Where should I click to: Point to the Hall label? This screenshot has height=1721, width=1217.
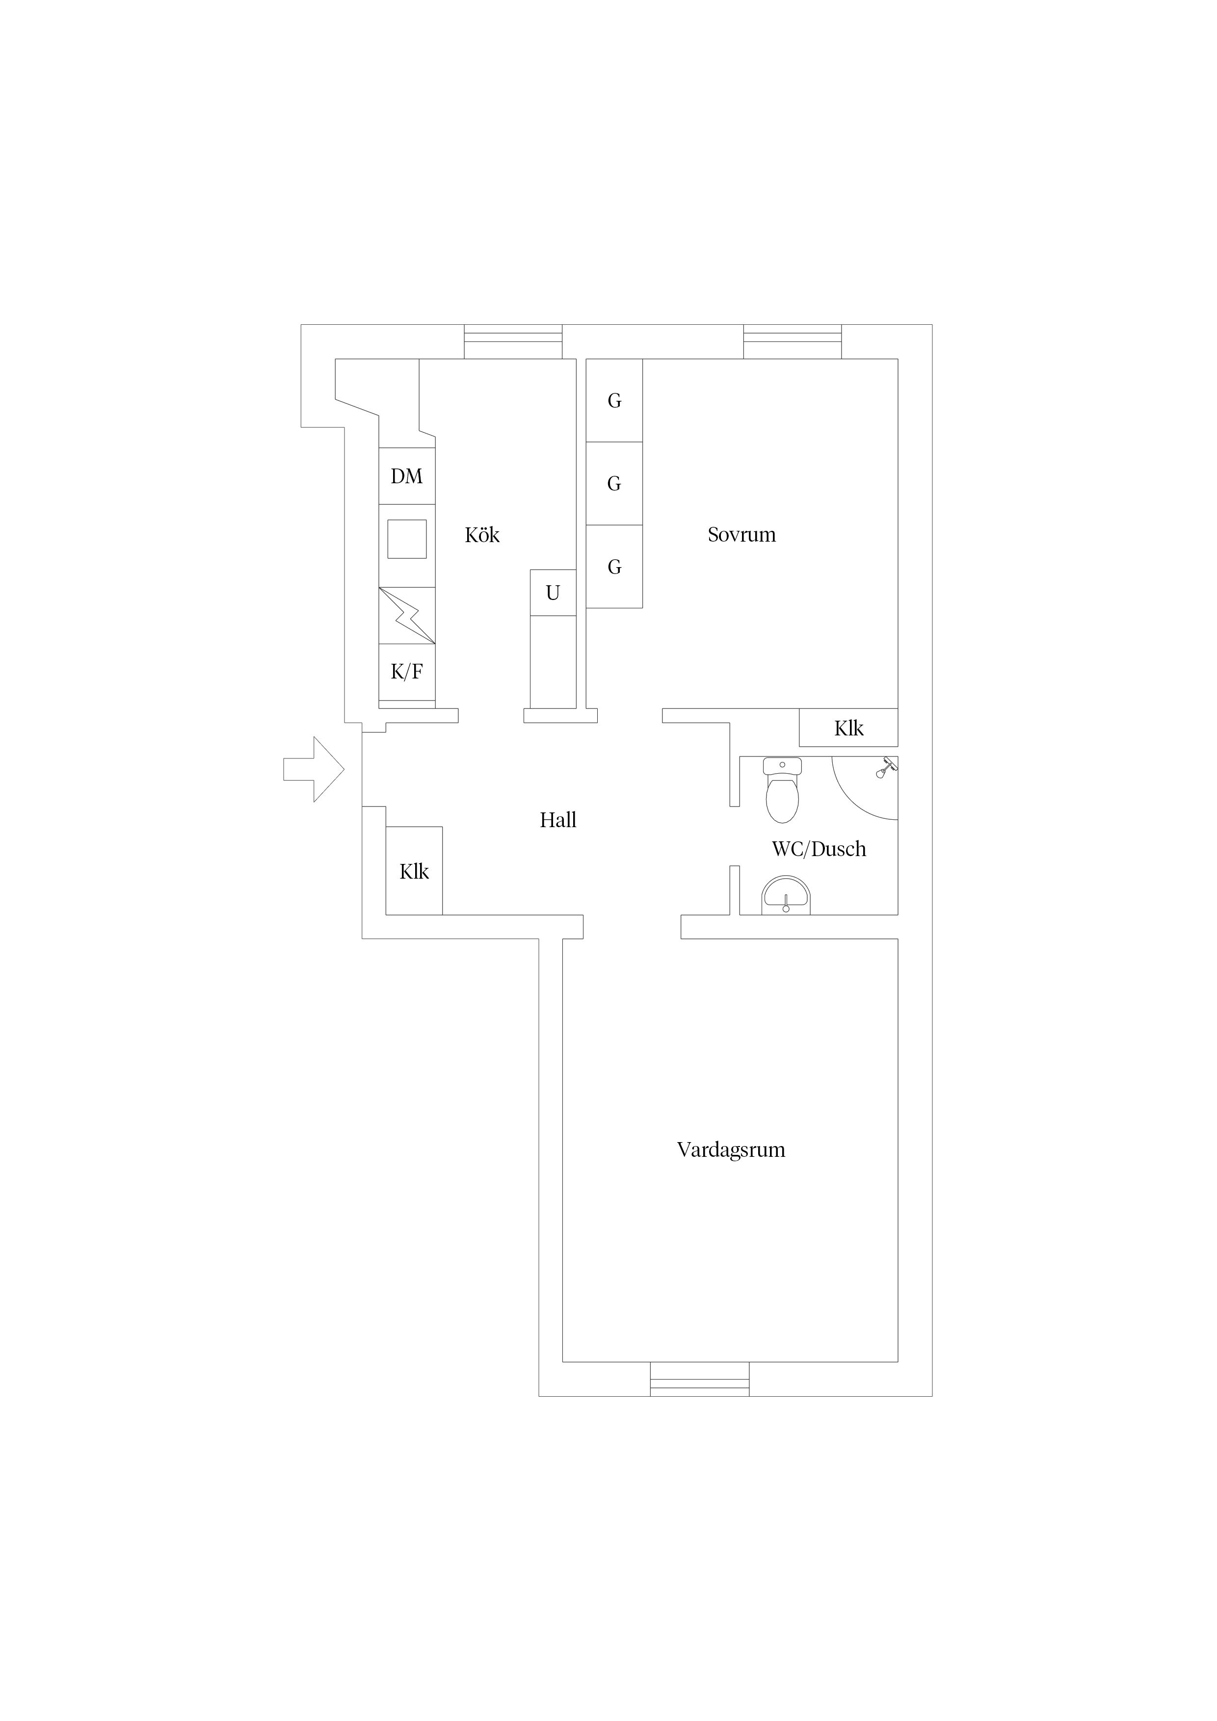coord(558,820)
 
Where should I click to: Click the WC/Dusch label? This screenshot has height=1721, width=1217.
coord(819,849)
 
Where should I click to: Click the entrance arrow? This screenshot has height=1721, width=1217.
coord(314,769)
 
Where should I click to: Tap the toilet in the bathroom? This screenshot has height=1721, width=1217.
coord(782,789)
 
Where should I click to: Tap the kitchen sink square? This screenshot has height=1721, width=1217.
coord(407,539)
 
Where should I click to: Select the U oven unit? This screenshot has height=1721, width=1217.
coord(553,593)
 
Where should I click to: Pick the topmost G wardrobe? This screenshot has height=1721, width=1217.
coord(614,400)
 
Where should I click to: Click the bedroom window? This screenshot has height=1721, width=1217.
coord(793,342)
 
